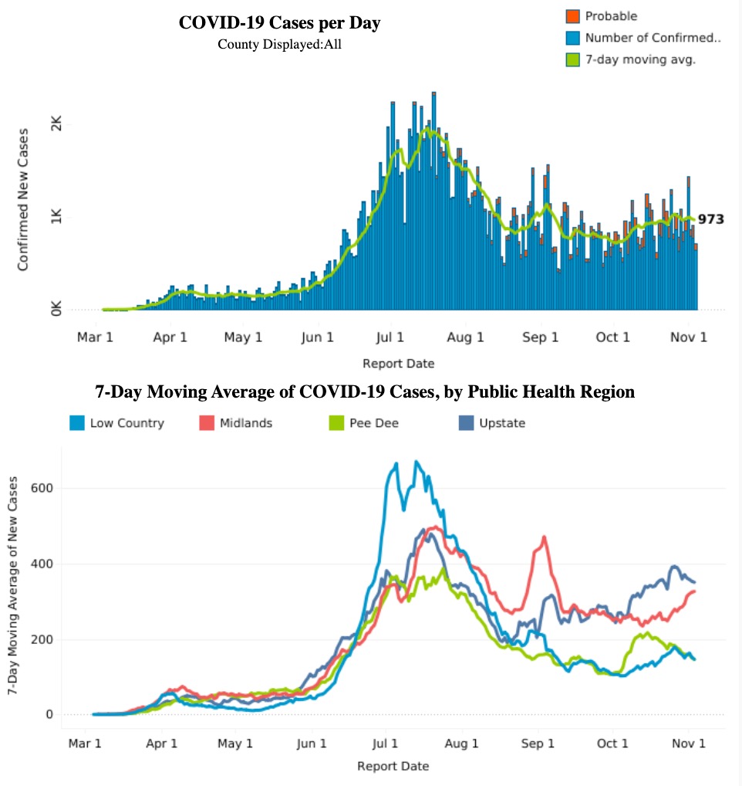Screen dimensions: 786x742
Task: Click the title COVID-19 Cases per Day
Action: click(x=279, y=23)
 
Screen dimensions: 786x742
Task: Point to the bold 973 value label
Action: click(x=711, y=219)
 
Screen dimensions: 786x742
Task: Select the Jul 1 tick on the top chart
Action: click(x=390, y=337)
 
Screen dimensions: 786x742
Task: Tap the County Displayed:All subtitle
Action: click(x=279, y=44)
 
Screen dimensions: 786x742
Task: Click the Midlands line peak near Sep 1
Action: click(x=545, y=537)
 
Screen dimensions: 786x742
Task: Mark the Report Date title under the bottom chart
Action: click(x=393, y=766)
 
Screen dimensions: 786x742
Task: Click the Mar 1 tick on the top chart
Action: click(x=96, y=337)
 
